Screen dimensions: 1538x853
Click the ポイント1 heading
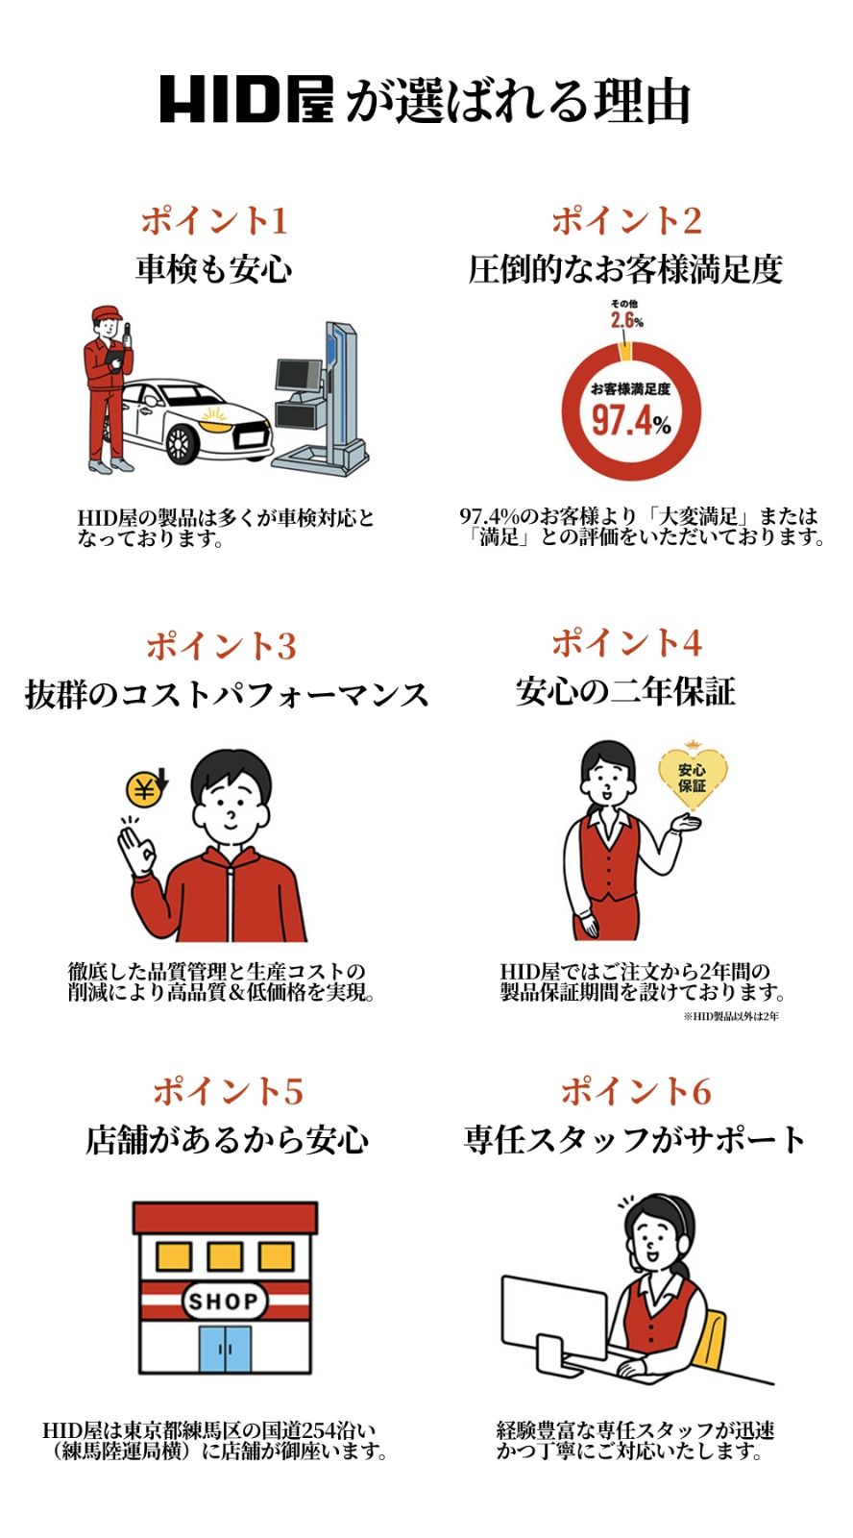click(x=214, y=220)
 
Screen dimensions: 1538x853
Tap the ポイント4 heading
click(x=626, y=642)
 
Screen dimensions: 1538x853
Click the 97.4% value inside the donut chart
click(x=630, y=421)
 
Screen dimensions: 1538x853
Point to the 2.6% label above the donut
click(x=626, y=320)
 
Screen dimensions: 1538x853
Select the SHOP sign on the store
click(x=224, y=1302)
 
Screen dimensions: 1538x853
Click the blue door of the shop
click(x=224, y=1349)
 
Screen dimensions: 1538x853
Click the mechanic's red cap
click(x=106, y=313)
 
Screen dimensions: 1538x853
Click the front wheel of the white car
click(x=181, y=444)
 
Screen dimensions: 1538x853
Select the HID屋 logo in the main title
click(x=246, y=99)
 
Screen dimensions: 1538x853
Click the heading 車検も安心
click(x=214, y=269)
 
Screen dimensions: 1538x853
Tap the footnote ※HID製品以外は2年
click(x=731, y=1016)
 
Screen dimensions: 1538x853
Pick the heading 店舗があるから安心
click(x=228, y=1140)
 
